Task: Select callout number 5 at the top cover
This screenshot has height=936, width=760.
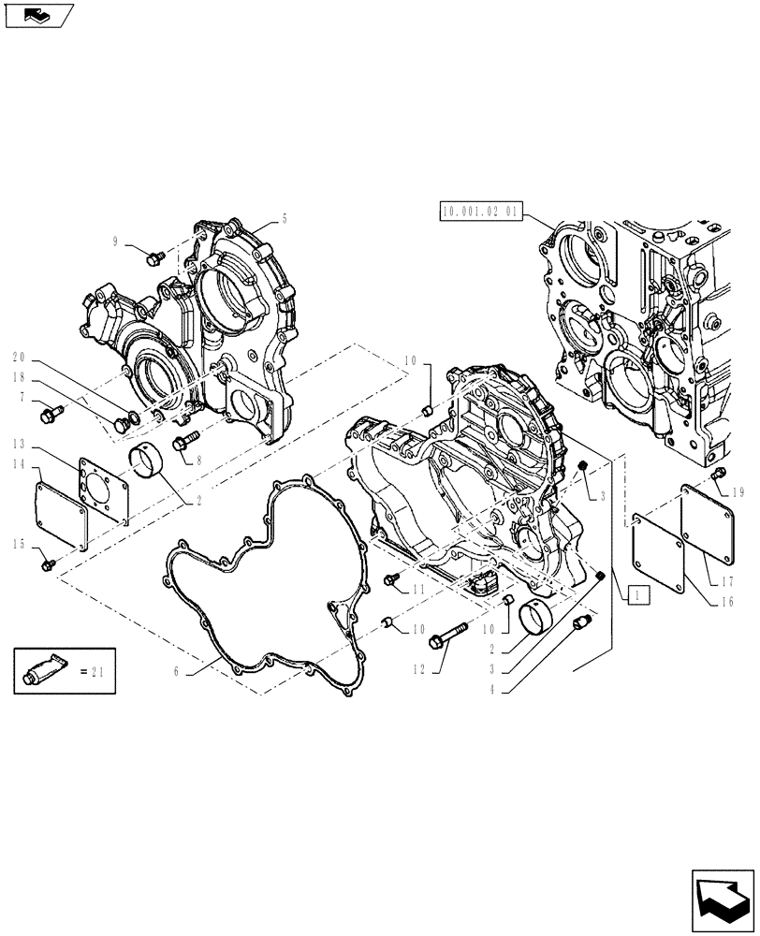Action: tap(285, 220)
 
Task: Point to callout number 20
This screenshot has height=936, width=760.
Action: tap(19, 357)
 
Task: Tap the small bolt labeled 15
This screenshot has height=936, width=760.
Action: tap(50, 563)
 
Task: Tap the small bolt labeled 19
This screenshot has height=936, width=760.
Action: tap(718, 476)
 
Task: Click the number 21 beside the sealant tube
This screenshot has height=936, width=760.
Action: tap(100, 670)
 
